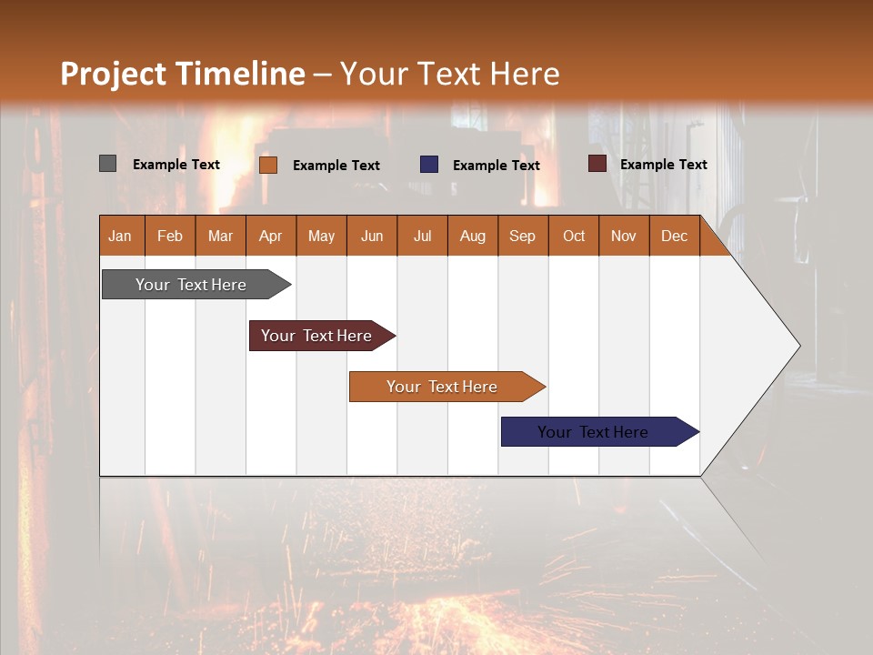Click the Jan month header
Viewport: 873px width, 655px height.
(121, 236)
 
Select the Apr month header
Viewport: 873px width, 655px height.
(271, 236)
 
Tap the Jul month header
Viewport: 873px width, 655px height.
(422, 236)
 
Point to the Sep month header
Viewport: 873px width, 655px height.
(523, 236)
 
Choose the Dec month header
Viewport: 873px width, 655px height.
(674, 236)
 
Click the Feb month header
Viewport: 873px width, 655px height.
(170, 236)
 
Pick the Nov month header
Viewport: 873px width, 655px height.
(624, 236)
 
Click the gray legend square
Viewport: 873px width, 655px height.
(107, 164)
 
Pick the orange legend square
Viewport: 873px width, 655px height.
(267, 165)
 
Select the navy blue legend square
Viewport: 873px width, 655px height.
(429, 165)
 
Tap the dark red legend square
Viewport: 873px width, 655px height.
(597, 164)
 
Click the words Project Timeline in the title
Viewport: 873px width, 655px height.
(183, 74)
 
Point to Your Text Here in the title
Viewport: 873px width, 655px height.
(449, 74)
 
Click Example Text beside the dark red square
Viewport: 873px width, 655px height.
(663, 165)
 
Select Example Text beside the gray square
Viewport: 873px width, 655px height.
(176, 165)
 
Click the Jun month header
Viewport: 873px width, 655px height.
(371, 236)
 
